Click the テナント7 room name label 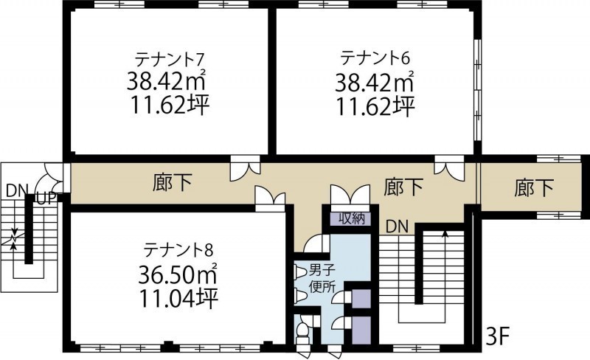170,59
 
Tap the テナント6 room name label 375,58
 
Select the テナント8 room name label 178,249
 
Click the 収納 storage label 352,218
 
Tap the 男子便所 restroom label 322,279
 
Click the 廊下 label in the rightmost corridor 534,187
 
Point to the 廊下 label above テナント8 173,182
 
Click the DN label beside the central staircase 397,226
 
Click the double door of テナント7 245,171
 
